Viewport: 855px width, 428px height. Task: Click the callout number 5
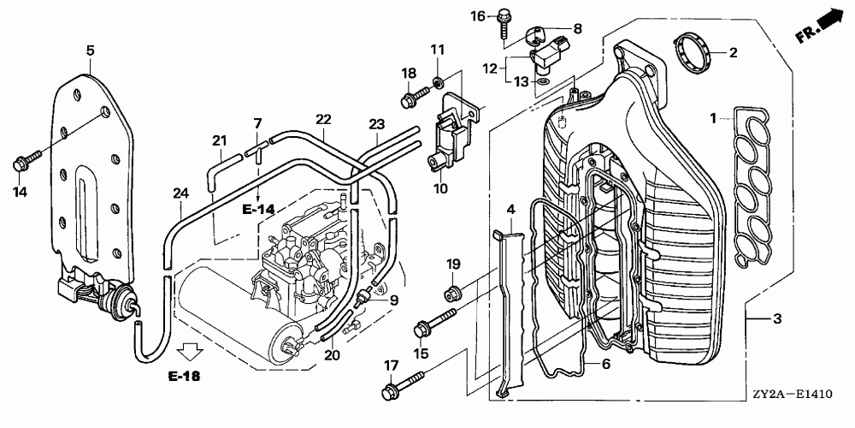coord(90,51)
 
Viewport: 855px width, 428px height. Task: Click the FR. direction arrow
coord(820,27)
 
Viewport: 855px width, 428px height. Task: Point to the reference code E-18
coord(184,376)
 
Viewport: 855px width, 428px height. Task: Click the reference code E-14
coord(258,208)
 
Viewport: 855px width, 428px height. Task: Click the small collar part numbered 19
coord(454,292)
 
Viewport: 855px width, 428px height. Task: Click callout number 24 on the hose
coord(180,193)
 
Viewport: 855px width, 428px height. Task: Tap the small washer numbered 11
coord(437,82)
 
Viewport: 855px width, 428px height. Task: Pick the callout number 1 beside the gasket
coord(713,117)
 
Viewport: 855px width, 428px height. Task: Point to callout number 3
coord(777,318)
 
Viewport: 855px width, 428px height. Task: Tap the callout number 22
coord(323,120)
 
